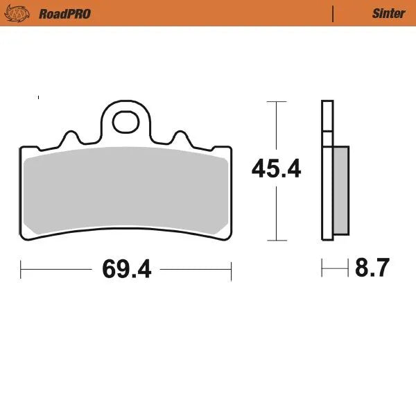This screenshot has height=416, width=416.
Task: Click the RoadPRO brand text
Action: click(64, 13)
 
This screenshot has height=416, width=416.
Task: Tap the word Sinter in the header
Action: click(388, 13)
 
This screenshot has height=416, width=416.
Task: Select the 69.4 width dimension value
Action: click(126, 268)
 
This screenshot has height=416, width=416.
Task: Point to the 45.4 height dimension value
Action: click(276, 168)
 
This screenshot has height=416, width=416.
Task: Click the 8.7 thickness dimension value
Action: click(373, 267)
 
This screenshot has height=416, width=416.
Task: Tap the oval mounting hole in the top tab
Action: click(126, 121)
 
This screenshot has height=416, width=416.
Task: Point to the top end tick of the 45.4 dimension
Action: click(277, 102)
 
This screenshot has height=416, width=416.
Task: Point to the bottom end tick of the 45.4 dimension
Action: click(277, 241)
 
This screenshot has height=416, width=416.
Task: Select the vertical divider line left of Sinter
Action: click(333, 13)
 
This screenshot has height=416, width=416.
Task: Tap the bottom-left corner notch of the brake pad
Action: click(27, 239)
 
